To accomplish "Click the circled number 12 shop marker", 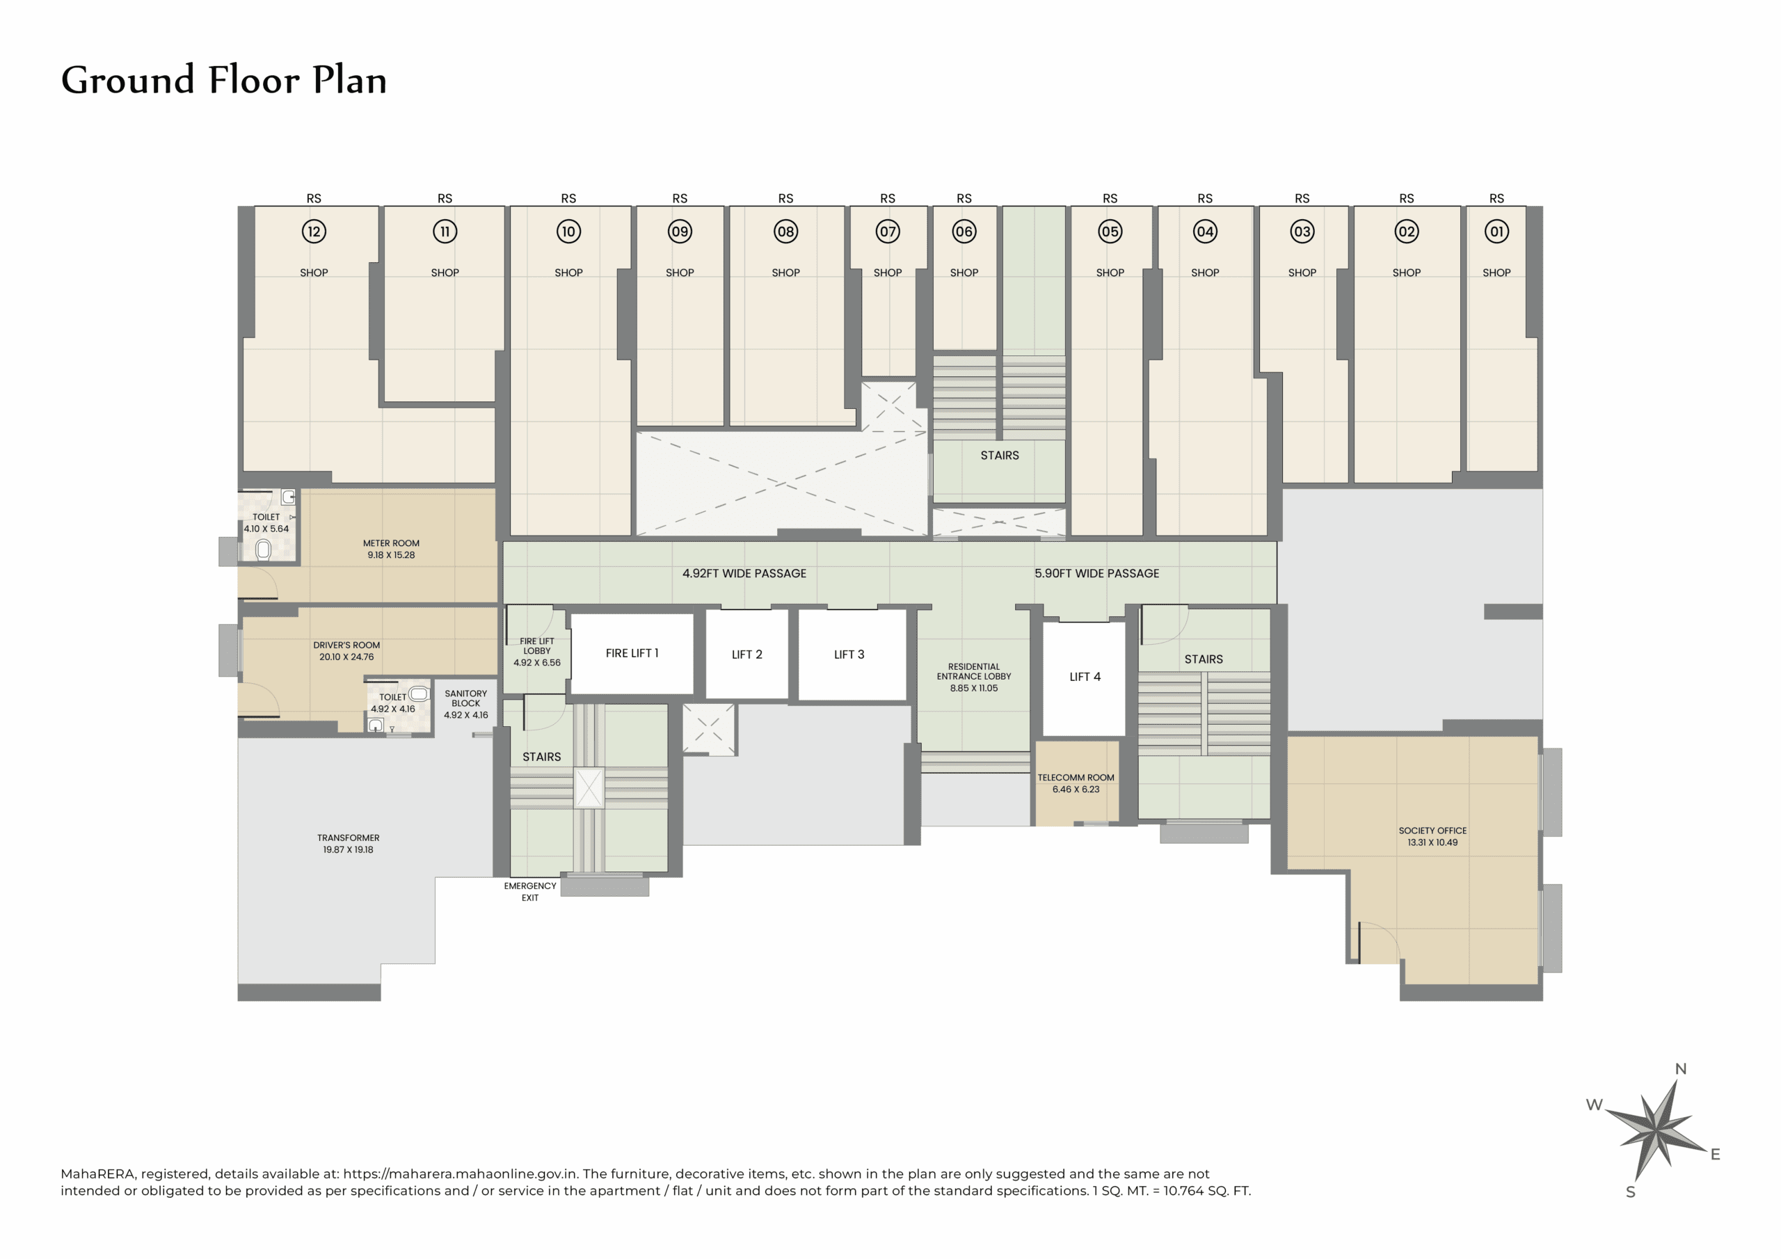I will pyautogui.click(x=314, y=231).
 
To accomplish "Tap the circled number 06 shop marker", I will pyautogui.click(x=964, y=231).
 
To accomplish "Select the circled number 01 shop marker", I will pyautogui.click(x=1496, y=231).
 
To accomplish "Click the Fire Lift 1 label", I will pyautogui.click(x=632, y=653).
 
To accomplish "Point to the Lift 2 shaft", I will pyautogui.click(x=746, y=655).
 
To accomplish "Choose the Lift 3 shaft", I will pyautogui.click(x=849, y=655).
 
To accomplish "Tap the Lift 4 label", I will pyautogui.click(x=1085, y=676).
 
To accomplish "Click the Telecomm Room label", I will pyautogui.click(x=1075, y=777).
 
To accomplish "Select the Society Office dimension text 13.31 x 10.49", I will pyautogui.click(x=1432, y=842).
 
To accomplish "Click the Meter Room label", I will pyautogui.click(x=391, y=543).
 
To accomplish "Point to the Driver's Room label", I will pyautogui.click(x=346, y=645).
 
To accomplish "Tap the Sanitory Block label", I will pyautogui.click(x=465, y=698).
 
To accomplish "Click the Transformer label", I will pyautogui.click(x=349, y=837).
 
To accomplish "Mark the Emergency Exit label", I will pyautogui.click(x=530, y=891).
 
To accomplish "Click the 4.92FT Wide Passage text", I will pyautogui.click(x=744, y=573).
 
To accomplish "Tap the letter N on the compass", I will pyautogui.click(x=1680, y=1069).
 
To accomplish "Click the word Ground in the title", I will pyautogui.click(x=127, y=81).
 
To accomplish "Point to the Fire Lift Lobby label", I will pyautogui.click(x=537, y=646).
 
